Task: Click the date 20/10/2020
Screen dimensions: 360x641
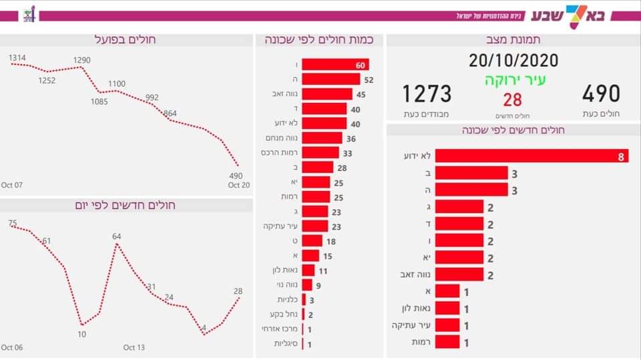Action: coord(513,61)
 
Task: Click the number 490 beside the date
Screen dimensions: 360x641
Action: coord(601,94)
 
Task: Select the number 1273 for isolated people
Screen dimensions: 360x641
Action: coord(427,94)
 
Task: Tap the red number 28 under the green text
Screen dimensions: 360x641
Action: coord(512,100)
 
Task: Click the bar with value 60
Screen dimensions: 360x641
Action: coord(335,65)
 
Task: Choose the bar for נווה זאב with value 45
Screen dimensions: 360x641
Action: coord(327,94)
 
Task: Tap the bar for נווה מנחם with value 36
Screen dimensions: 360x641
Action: coord(322,138)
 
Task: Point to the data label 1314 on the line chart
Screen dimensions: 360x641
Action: coord(18,58)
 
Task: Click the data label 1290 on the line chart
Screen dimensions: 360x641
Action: coord(81,60)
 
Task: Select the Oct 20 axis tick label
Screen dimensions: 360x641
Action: coord(238,185)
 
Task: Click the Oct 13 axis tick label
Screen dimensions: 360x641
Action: coord(134,347)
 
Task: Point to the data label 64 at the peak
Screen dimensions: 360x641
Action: coord(117,236)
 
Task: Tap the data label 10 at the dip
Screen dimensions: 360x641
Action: coord(81,334)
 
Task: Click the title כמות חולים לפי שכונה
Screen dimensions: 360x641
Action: coord(318,39)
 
